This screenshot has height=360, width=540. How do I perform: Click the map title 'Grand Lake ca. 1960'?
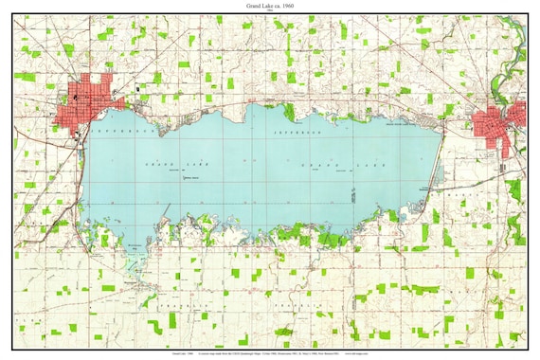pos(270,6)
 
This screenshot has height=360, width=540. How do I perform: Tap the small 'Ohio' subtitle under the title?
pos(270,12)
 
